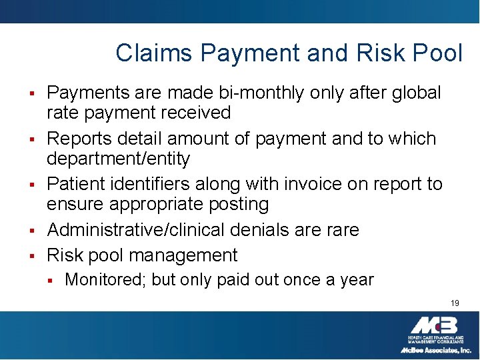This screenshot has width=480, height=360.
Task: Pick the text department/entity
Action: click(118, 159)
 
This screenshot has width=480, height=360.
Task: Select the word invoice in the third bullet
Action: click(313, 183)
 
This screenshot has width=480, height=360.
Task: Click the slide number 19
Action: click(455, 303)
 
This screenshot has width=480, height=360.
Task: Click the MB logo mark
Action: click(433, 326)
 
